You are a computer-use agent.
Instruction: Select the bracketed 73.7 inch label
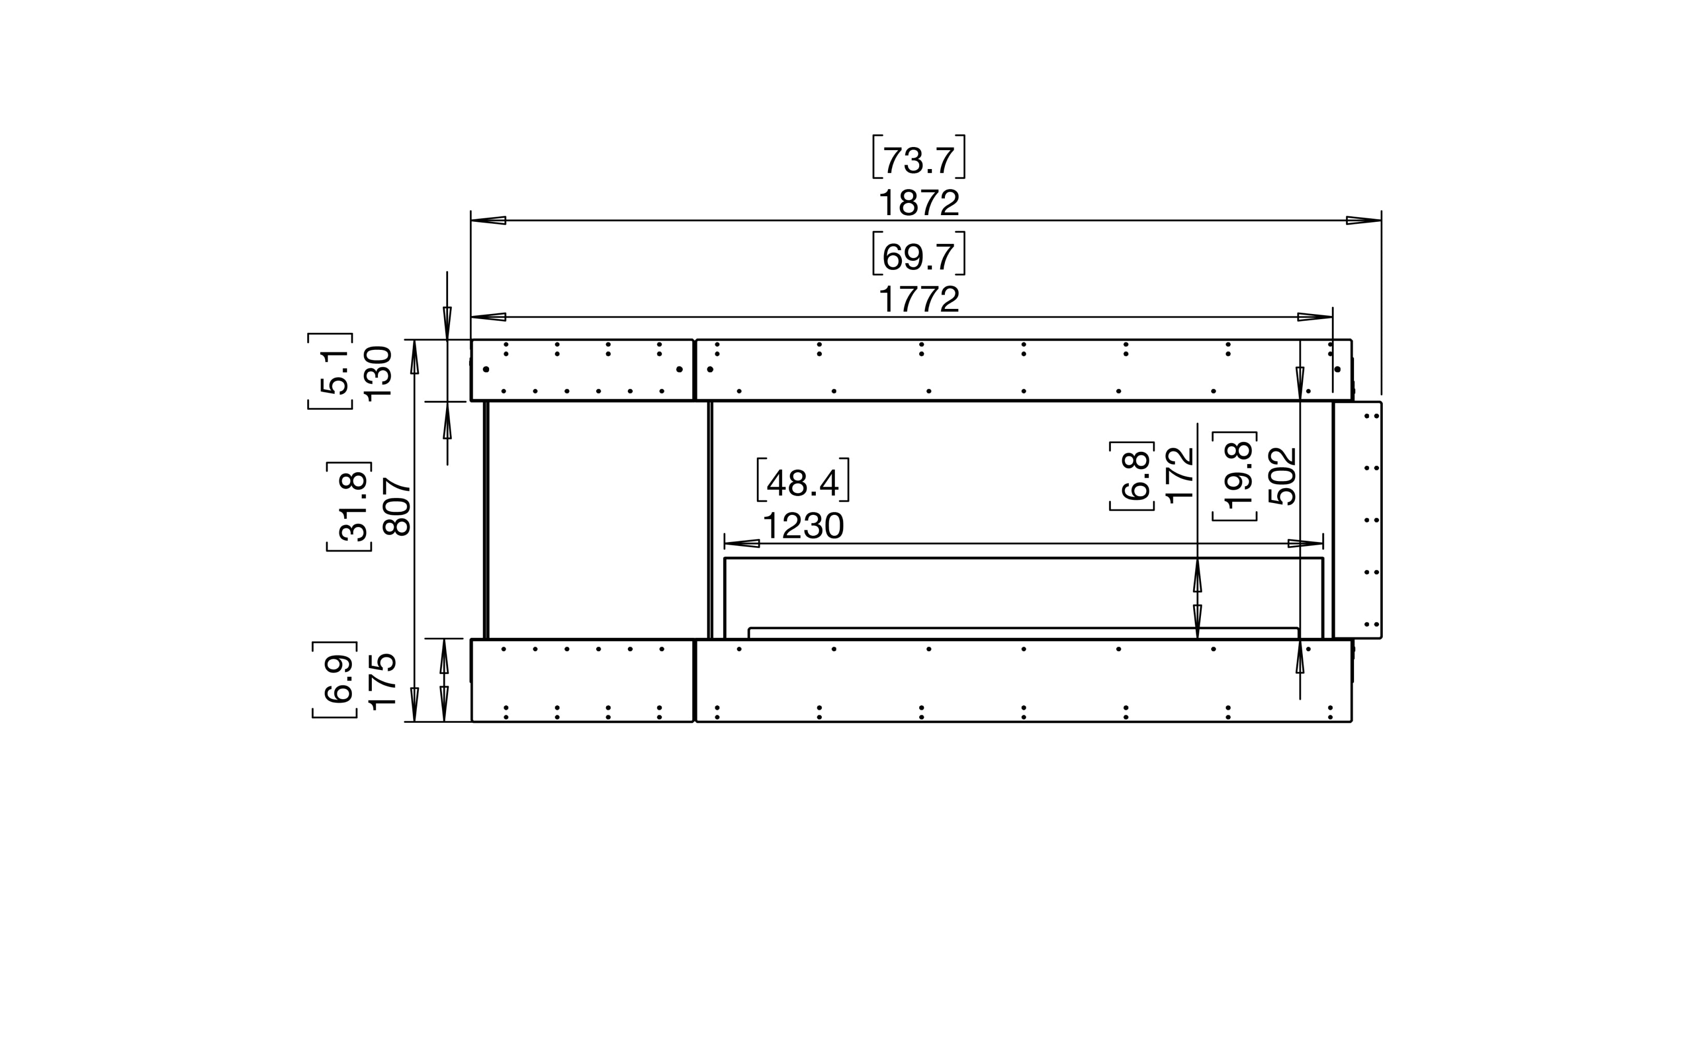coord(919,157)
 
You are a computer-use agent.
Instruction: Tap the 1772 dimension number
coord(919,299)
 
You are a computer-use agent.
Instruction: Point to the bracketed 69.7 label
coord(919,254)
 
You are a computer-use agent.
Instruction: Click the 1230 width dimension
coord(803,526)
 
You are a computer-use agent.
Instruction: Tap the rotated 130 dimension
coord(378,374)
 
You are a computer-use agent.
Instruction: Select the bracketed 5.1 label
coord(331,371)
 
